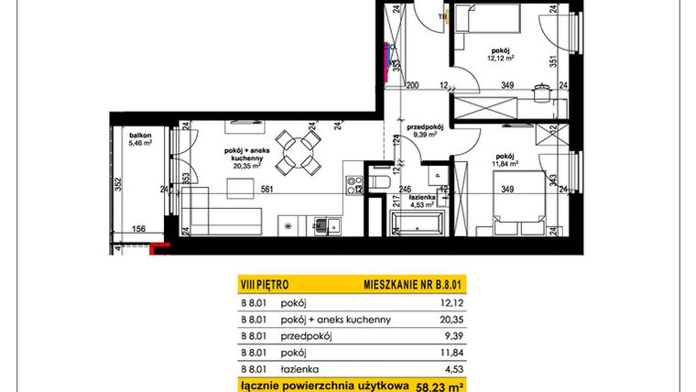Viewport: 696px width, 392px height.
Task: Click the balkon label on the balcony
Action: pos(140,135)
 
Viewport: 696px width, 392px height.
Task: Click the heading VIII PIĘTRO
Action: pos(263,286)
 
